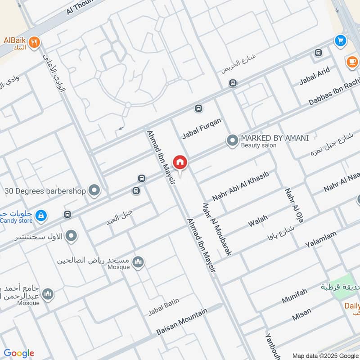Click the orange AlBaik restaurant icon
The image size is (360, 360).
click(34, 42)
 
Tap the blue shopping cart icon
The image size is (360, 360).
click(340, 41)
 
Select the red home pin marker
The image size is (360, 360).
click(180, 162)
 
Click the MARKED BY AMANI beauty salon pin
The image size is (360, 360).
click(232, 141)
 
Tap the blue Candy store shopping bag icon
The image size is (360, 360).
click(41, 216)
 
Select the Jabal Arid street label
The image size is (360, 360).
click(315, 76)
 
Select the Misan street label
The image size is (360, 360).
click(301, 315)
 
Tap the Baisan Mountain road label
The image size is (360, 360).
click(182, 322)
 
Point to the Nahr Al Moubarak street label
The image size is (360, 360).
click(217, 229)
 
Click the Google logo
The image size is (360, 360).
click(19, 353)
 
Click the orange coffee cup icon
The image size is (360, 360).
click(351, 62)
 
